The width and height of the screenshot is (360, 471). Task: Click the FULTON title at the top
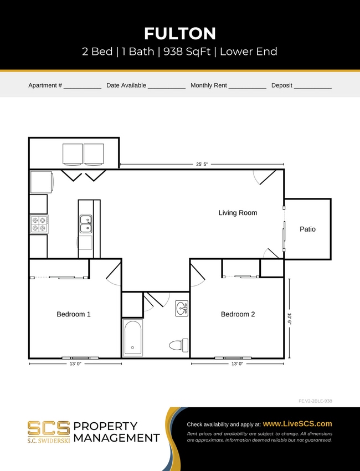click(x=180, y=34)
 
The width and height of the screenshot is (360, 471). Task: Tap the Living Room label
click(x=238, y=213)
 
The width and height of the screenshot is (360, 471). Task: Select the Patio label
click(x=307, y=229)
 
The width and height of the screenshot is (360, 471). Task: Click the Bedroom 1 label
click(x=74, y=314)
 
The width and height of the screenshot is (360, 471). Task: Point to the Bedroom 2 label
click(x=238, y=314)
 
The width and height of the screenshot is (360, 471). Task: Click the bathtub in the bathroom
click(x=132, y=337)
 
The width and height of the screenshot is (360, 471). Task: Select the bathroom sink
click(x=182, y=308)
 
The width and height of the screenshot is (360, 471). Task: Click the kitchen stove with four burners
click(x=39, y=224)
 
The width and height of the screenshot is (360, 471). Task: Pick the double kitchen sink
click(x=86, y=224)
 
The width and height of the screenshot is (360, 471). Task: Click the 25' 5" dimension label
click(x=202, y=165)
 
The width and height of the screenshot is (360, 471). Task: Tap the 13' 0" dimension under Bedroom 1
click(x=74, y=364)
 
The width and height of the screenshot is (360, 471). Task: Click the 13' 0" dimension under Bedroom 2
click(x=236, y=364)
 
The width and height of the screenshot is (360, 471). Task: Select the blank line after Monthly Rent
click(x=247, y=86)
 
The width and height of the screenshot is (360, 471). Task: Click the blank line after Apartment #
click(x=83, y=86)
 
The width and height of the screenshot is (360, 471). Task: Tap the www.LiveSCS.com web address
click(x=297, y=423)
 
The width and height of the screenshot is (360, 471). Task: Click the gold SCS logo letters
click(x=49, y=428)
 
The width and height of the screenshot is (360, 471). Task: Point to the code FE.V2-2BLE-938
click(x=315, y=401)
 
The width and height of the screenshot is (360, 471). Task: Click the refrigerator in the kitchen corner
click(x=41, y=182)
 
